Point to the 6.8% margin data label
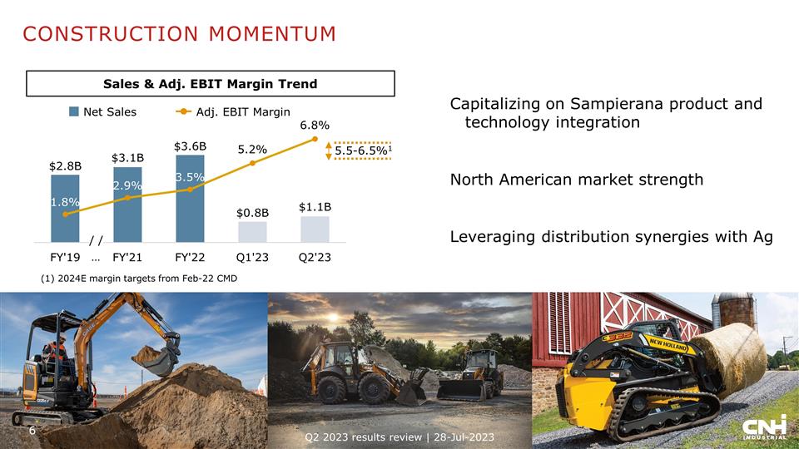pyautogui.click(x=315, y=125)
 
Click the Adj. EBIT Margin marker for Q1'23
pyautogui.click(x=252, y=163)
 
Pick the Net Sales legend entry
pyautogui.click(x=103, y=112)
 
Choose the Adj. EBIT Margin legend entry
pyautogui.click(x=232, y=112)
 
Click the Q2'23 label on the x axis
pyautogui.click(x=315, y=257)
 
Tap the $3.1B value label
pyautogui.click(x=127, y=157)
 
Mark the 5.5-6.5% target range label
pyautogui.click(x=364, y=150)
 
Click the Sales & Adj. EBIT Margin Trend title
pyautogui.click(x=210, y=84)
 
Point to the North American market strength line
pyautogui.click(x=576, y=180)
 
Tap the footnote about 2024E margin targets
pyautogui.click(x=138, y=278)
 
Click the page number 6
pyautogui.click(x=32, y=431)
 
